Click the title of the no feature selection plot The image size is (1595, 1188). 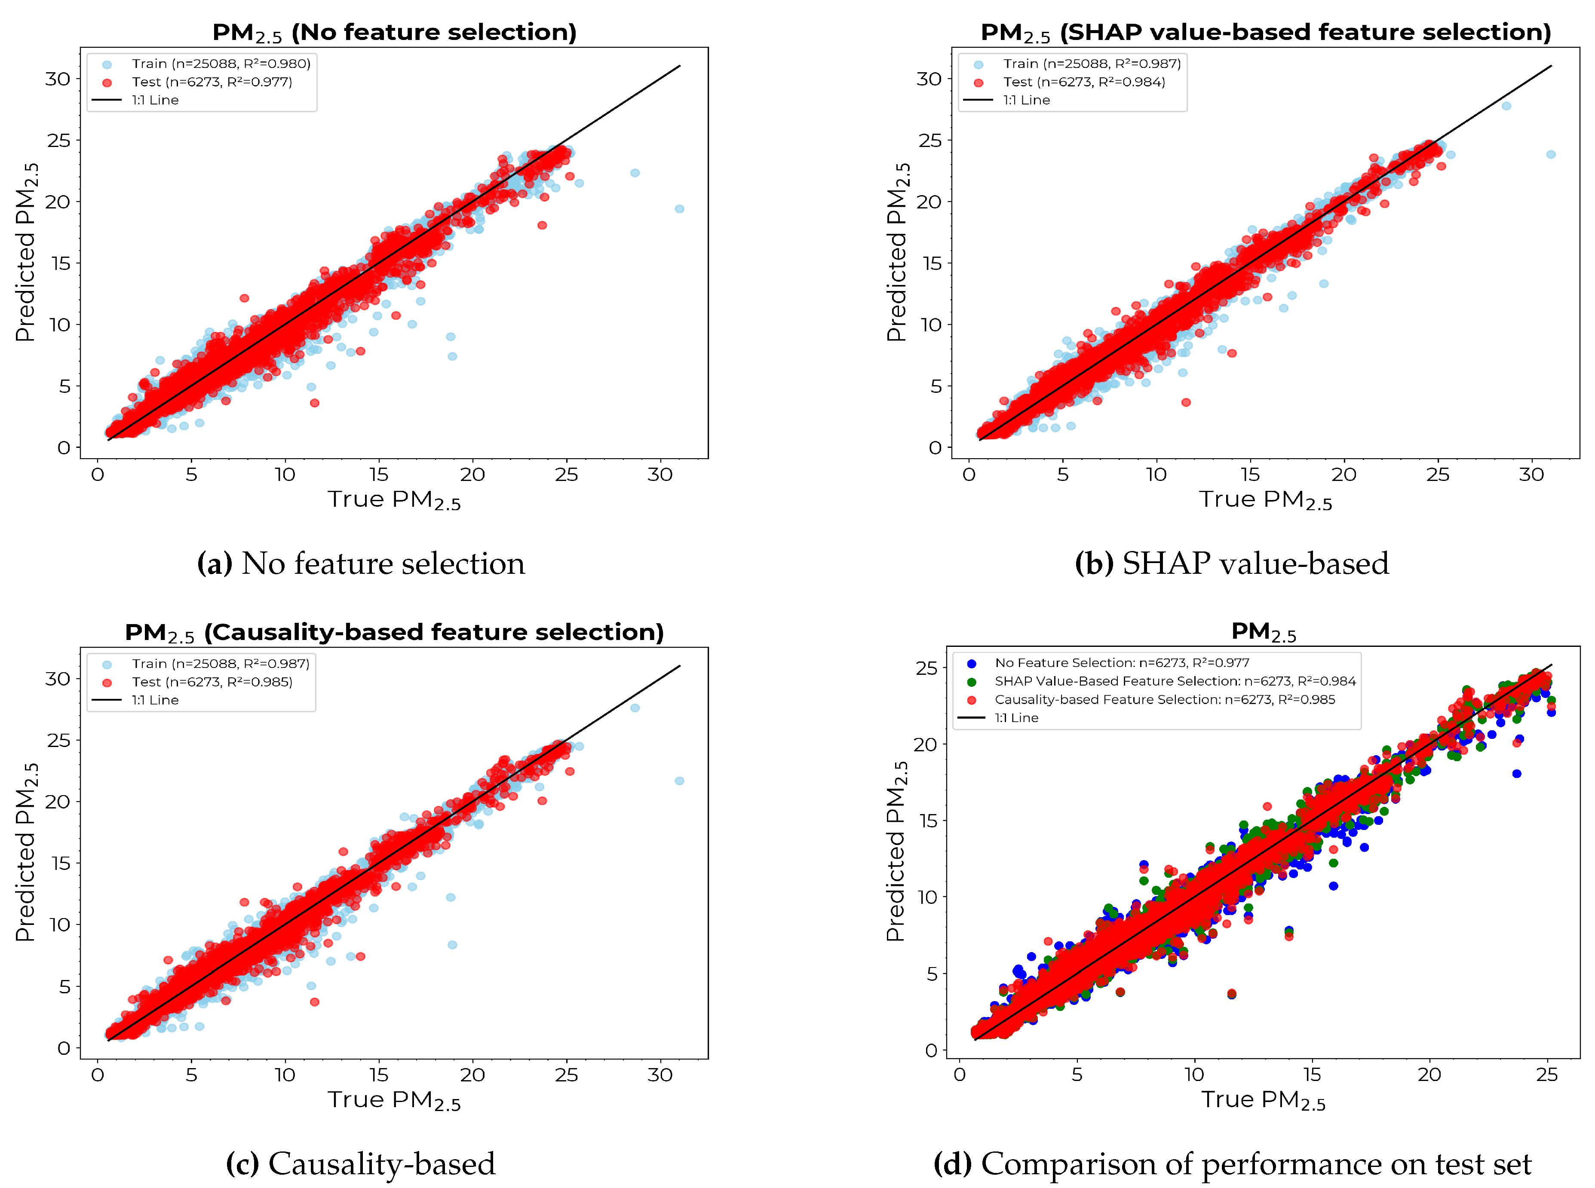[394, 32]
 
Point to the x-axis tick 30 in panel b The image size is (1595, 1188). [1531, 475]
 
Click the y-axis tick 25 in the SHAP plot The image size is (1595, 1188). [929, 140]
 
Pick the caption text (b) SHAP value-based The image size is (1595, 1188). [1231, 563]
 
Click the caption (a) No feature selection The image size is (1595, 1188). [361, 563]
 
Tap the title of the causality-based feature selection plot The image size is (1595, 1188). [394, 632]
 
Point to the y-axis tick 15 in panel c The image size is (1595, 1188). [61, 863]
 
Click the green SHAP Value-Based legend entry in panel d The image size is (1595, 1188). [1174, 681]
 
